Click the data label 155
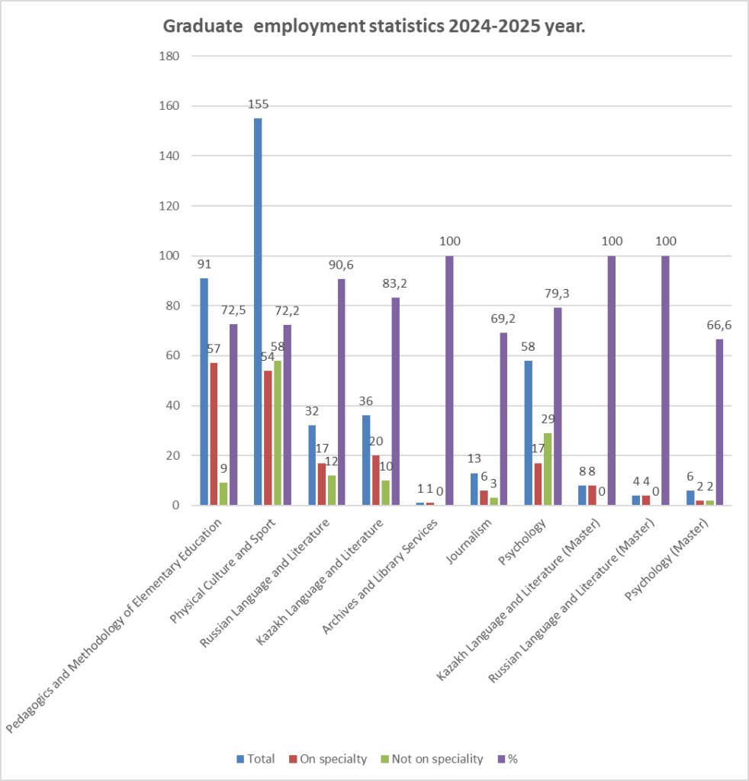(x=258, y=104)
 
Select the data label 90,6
(x=340, y=265)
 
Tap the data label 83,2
(x=395, y=284)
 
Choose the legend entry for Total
(x=255, y=759)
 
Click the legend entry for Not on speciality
(x=432, y=759)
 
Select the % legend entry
(x=507, y=759)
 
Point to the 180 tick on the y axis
(x=169, y=56)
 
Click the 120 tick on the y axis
(x=169, y=206)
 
